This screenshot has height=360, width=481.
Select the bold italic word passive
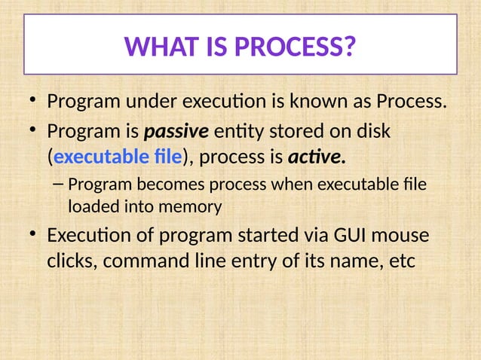pos(176,131)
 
